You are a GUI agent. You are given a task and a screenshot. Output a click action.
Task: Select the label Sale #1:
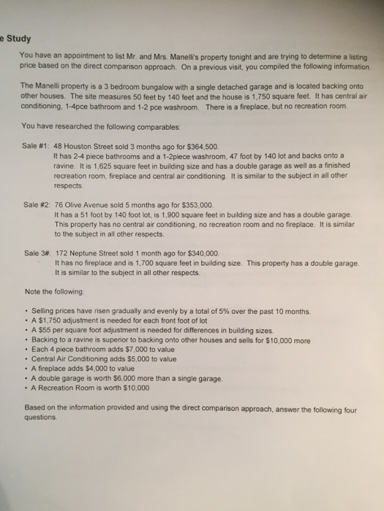click(37, 146)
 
